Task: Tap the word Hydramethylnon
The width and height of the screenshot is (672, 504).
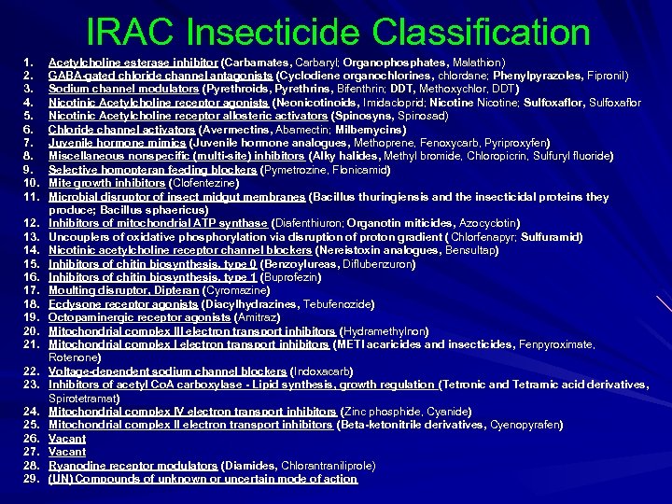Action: click(385, 331)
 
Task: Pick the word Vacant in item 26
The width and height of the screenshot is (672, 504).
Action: click(67, 439)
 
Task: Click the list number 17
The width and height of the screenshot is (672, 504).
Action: click(30, 291)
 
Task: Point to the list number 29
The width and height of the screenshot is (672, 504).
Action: click(30, 479)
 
